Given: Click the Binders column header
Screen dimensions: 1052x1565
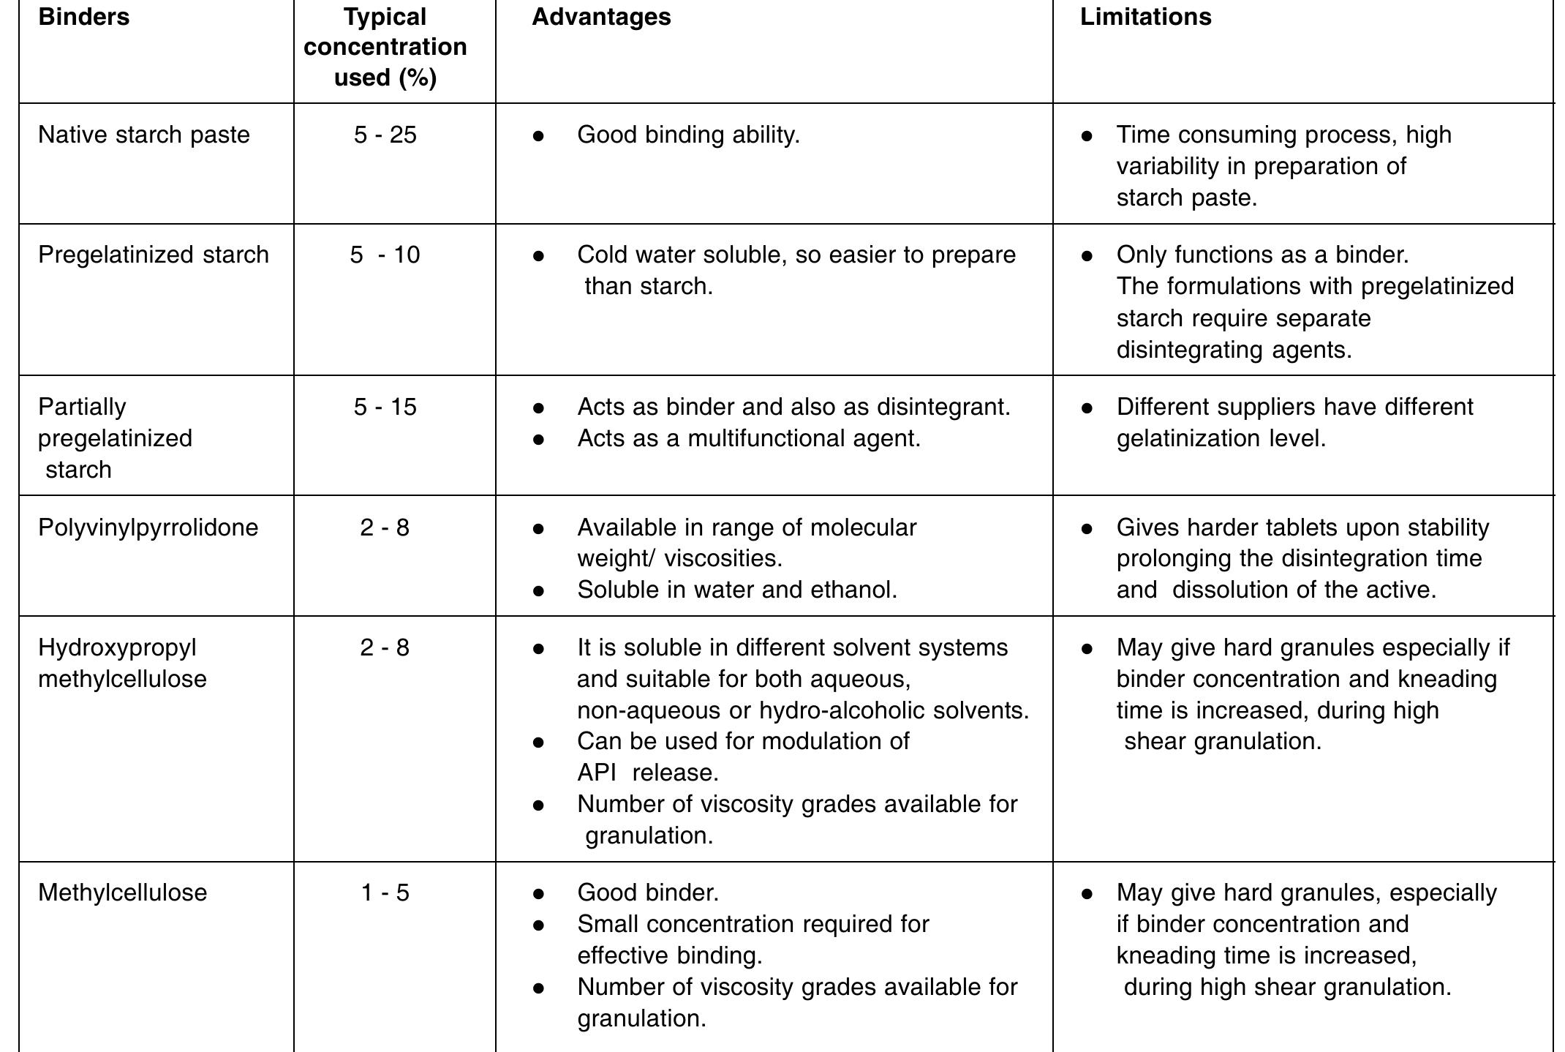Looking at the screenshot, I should [x=83, y=17].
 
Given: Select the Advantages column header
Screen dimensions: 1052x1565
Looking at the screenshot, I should [x=600, y=17].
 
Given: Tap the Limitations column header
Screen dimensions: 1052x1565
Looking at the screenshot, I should [x=1145, y=17].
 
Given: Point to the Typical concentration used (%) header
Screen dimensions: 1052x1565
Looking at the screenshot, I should [x=385, y=47].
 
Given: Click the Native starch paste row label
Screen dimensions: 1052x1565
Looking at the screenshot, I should [x=143, y=135].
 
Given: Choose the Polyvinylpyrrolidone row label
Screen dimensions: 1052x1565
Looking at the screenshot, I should [x=148, y=527].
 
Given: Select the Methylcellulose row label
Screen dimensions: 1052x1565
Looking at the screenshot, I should [x=122, y=893].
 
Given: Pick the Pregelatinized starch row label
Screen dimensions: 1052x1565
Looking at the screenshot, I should [x=153, y=255].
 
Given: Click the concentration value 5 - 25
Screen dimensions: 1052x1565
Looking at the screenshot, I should [x=385, y=135].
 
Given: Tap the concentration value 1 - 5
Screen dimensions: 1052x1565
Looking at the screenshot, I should [x=385, y=893].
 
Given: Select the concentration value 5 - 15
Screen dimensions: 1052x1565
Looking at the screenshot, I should [x=385, y=407].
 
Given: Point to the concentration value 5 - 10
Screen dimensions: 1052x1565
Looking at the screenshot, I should [x=385, y=255].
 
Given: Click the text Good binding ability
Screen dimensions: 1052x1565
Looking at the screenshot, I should [x=688, y=135].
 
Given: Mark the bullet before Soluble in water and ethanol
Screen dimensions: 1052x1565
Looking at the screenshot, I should [x=538, y=590].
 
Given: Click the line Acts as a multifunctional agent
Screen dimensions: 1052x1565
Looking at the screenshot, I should [x=748, y=438].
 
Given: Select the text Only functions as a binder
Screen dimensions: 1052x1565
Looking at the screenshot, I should [x=1262, y=255].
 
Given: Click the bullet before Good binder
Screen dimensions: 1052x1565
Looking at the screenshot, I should [x=538, y=893].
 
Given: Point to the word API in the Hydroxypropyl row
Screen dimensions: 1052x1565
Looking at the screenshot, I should [x=596, y=773].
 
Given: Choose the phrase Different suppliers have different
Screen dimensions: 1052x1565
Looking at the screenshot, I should [x=1294, y=407].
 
